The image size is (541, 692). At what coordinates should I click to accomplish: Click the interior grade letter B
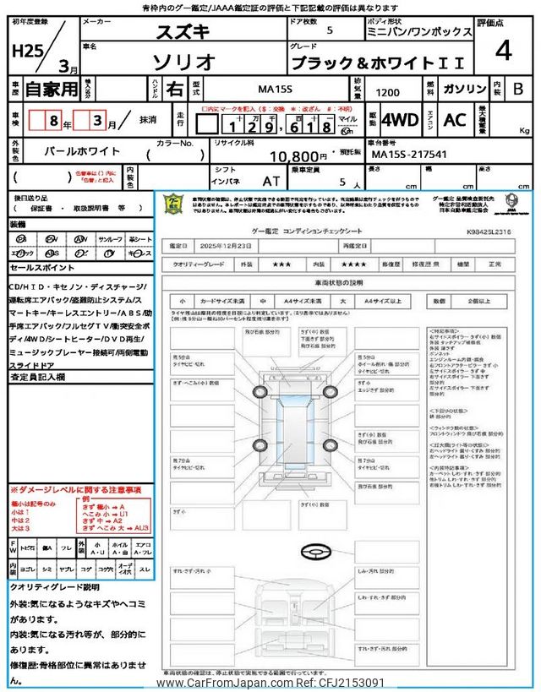pos(518,88)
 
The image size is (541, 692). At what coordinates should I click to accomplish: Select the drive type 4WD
pos(399,120)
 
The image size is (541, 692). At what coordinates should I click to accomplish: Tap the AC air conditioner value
pos(455,120)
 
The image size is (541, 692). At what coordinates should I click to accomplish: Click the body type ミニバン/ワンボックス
pos(433,31)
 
